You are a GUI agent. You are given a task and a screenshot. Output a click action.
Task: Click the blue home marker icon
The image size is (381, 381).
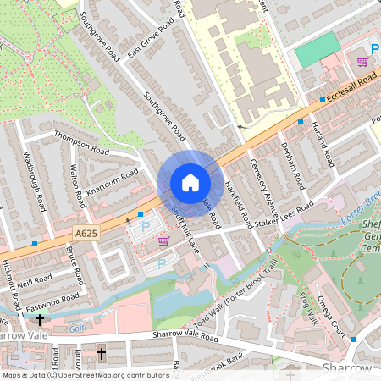(190, 183)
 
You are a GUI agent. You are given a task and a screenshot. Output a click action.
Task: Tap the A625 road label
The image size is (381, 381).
(86, 232)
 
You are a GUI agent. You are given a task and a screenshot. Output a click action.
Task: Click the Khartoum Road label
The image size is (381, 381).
(113, 185)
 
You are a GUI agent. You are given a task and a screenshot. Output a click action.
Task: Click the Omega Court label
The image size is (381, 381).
(340, 302)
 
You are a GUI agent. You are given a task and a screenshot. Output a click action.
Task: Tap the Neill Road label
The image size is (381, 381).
(35, 282)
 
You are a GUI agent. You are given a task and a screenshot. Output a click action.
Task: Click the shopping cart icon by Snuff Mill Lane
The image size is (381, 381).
(163, 241)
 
